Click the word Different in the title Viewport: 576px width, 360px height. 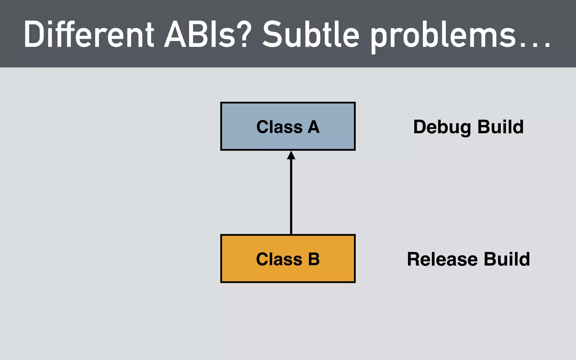(89, 35)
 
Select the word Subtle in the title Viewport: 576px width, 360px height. (311, 35)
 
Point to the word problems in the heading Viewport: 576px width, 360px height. (443, 37)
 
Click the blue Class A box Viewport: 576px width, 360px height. (239, 138)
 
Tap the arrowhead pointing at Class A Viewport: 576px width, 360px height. (291, 156)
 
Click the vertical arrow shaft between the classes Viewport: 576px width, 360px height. (291, 197)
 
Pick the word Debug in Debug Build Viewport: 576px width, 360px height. (442, 127)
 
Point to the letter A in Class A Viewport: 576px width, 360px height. (314, 127)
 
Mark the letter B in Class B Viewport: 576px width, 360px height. (314, 259)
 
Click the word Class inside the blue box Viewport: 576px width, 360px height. (279, 127)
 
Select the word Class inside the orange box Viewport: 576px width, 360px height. (279, 259)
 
